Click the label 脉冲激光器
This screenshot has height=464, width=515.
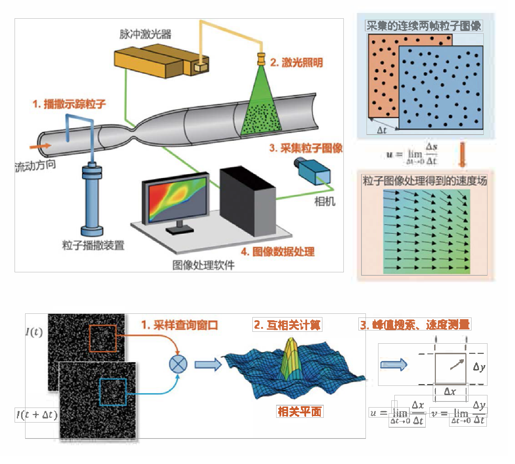pos(145,34)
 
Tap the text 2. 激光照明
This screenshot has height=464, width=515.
pos(296,63)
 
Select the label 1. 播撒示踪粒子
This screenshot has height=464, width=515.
pos(69,104)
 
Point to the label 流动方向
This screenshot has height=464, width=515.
pos(35,166)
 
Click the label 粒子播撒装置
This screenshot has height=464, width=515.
pos(93,245)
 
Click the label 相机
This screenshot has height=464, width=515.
pos(325,202)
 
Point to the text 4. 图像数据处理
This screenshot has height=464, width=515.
pos(278,252)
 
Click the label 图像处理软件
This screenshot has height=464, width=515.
pos(203,265)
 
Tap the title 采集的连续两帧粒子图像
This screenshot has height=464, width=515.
pos(424,26)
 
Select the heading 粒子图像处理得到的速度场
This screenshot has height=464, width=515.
pos(425,181)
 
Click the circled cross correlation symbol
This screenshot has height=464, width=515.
pos(178,364)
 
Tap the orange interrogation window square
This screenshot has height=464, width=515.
pos(103,338)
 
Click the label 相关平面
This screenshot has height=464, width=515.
pos(299,412)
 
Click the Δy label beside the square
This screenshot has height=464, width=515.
pos(479,367)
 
